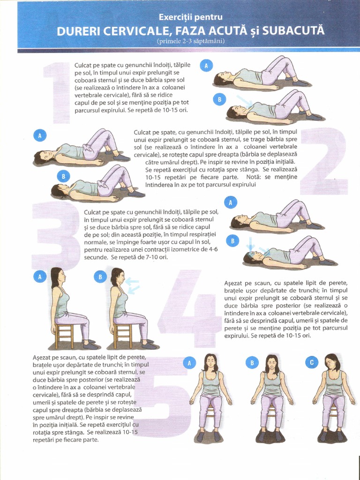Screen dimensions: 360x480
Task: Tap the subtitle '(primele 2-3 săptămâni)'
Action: [190, 41]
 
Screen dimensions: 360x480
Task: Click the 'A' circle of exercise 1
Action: [206, 66]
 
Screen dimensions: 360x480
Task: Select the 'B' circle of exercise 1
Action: [219, 99]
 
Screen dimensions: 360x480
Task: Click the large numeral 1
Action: [57, 93]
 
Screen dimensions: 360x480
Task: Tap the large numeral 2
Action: [324, 161]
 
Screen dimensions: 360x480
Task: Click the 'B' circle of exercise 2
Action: [63, 176]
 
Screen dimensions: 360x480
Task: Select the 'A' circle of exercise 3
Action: [231, 202]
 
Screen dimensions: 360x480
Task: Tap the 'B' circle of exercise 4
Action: [100, 277]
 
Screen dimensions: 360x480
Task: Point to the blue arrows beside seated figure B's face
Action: [133, 285]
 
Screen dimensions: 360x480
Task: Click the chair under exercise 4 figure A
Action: [64, 335]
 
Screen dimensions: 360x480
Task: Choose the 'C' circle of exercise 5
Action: [312, 363]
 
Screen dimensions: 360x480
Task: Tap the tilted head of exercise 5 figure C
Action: [332, 363]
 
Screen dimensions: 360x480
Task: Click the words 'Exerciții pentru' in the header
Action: [190, 17]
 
